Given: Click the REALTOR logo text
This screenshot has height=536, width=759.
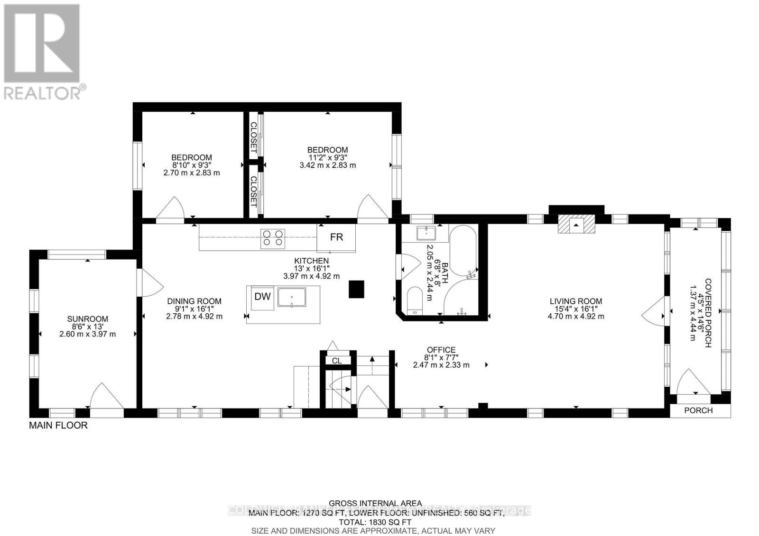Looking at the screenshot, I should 45,92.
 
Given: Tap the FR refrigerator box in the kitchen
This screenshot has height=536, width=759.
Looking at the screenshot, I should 336,237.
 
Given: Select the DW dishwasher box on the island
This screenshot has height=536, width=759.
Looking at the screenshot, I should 262,297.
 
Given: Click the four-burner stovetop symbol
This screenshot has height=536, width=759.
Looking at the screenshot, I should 273,238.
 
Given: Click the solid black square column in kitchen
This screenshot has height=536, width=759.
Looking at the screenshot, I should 356,289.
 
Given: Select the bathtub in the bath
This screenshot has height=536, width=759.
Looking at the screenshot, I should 463,251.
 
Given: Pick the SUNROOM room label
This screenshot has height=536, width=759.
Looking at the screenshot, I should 87,319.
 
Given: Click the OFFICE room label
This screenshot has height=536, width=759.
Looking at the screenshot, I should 441,350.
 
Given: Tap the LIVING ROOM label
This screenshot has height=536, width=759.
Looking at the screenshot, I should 576,301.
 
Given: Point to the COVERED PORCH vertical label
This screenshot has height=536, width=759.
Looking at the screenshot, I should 707,313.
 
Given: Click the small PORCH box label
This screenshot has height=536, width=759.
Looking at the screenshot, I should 698,410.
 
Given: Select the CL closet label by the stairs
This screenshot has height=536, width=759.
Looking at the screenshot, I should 336,361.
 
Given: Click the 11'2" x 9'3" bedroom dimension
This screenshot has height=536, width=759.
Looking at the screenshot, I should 327,158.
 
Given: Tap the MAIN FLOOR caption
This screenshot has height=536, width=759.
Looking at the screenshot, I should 58,426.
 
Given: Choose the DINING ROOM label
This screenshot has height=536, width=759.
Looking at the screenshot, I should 194,301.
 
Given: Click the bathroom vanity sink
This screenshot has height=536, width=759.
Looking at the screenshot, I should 426,234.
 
